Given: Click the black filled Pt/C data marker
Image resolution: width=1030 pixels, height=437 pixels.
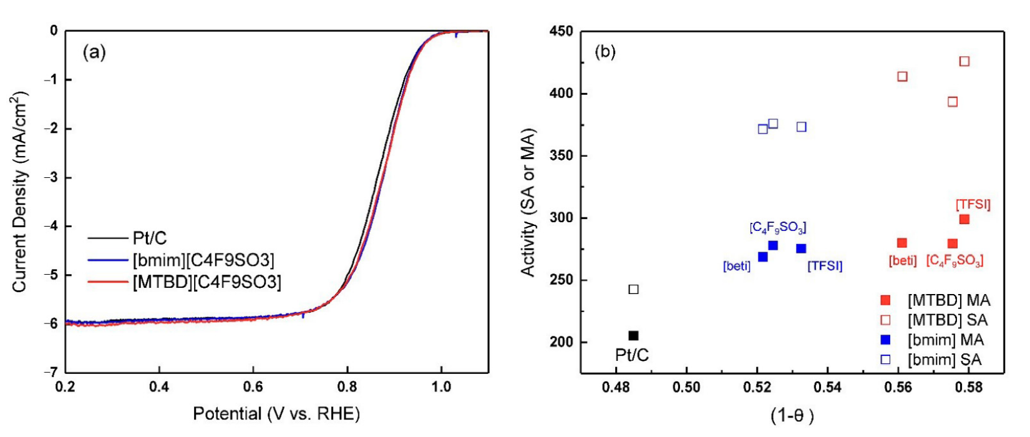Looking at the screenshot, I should click(x=633, y=336).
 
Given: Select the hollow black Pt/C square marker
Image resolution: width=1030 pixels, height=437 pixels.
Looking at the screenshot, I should click(x=633, y=289).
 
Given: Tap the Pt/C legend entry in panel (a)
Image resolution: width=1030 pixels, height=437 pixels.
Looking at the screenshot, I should click(x=150, y=238).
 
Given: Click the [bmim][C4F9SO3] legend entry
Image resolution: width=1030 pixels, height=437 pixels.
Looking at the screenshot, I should click(x=203, y=260).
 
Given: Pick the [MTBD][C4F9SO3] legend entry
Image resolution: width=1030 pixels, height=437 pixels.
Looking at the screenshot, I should click(x=206, y=282).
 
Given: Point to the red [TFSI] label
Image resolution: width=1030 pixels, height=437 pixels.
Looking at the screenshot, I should click(x=973, y=204).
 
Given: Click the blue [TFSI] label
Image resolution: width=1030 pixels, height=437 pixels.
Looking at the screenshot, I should click(x=825, y=266).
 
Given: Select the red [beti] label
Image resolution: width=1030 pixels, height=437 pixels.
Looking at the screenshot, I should click(x=902, y=260).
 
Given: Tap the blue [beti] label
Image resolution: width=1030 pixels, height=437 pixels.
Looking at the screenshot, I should click(x=736, y=267).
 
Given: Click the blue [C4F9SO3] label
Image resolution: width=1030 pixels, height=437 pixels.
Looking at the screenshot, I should click(x=777, y=228).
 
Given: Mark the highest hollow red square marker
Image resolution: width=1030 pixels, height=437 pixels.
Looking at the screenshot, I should click(x=964, y=61).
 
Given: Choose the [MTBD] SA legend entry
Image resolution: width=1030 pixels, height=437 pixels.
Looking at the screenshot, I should click(x=947, y=320).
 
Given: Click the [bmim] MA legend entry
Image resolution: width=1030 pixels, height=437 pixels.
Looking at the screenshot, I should click(x=945, y=340).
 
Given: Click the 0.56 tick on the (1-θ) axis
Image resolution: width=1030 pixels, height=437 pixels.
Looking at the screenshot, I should click(x=898, y=387).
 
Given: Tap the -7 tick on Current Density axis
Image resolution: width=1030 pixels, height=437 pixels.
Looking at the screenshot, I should click(x=51, y=372).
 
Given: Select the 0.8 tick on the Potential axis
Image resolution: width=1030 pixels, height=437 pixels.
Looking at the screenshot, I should click(x=347, y=387).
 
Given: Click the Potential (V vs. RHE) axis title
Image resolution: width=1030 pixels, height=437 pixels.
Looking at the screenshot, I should click(x=276, y=413).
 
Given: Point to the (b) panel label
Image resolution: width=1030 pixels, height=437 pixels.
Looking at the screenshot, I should click(x=605, y=52).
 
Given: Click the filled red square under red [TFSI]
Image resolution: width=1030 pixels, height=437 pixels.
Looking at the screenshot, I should click(x=964, y=219).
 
